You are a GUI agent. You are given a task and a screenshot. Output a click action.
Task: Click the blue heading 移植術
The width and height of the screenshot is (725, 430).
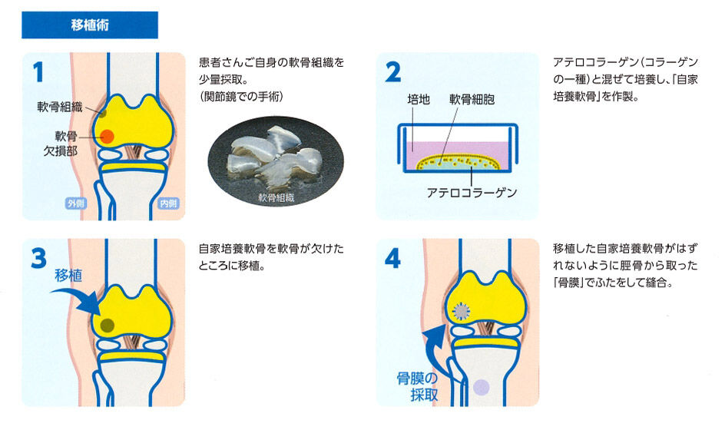click(90, 25)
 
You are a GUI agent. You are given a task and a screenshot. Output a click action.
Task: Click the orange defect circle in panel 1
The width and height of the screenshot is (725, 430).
click(108, 137)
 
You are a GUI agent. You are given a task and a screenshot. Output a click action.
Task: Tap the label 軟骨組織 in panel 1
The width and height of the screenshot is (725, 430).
click(59, 106)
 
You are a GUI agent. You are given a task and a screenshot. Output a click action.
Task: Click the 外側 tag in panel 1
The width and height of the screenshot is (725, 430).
click(75, 203)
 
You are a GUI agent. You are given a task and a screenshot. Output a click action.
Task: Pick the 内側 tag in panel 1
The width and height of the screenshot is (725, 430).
click(167, 203)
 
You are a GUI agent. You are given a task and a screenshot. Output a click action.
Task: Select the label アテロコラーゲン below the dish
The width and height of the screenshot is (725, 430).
click(472, 193)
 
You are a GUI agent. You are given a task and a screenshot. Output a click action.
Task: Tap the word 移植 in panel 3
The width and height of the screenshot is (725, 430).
click(68, 276)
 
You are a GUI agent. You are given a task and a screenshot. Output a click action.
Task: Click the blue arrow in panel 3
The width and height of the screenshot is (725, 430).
click(81, 299)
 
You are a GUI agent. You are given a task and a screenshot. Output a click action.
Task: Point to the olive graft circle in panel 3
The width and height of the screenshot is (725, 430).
click(108, 325)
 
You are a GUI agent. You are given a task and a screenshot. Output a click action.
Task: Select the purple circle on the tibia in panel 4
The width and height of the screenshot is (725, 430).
click(482, 387)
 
